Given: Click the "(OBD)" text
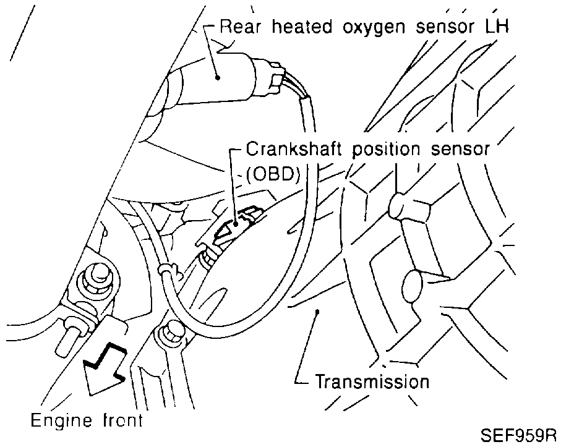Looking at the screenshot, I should (x=273, y=174).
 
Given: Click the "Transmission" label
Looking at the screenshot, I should (x=372, y=381).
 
